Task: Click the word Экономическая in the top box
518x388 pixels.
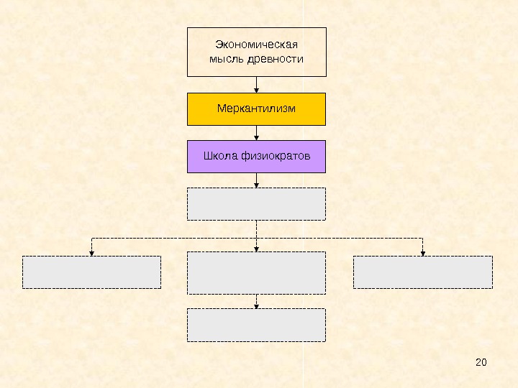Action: [x=256, y=45]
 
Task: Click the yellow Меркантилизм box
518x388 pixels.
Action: [x=256, y=108]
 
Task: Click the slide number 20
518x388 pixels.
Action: [x=481, y=361]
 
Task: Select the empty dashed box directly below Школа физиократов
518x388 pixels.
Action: [x=256, y=204]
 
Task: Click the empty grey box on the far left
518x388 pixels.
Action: [x=91, y=272]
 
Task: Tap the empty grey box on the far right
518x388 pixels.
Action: [x=423, y=272]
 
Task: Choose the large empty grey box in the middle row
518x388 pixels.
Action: [x=256, y=272]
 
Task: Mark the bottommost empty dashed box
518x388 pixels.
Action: [x=256, y=325]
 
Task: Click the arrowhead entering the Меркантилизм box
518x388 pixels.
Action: [x=257, y=90]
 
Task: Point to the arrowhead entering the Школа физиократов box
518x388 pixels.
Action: [x=257, y=137]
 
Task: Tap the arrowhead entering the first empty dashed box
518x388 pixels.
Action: [x=257, y=185]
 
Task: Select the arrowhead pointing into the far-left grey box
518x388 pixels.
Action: [x=91, y=252]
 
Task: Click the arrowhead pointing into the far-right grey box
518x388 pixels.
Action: [x=423, y=252]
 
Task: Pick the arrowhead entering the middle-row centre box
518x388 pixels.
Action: [x=257, y=249]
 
